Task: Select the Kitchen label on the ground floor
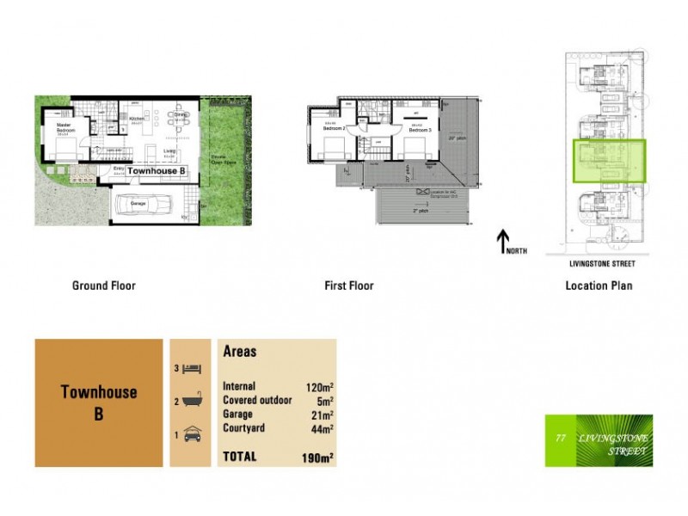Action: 135,120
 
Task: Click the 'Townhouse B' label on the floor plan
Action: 157,171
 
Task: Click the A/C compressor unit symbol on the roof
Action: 422,191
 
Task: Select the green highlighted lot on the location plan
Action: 608,161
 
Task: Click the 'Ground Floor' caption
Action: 104,286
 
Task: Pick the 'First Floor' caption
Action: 348,286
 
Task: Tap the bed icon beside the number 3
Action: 193,369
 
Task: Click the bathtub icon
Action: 193,402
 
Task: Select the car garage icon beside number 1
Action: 193,434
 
